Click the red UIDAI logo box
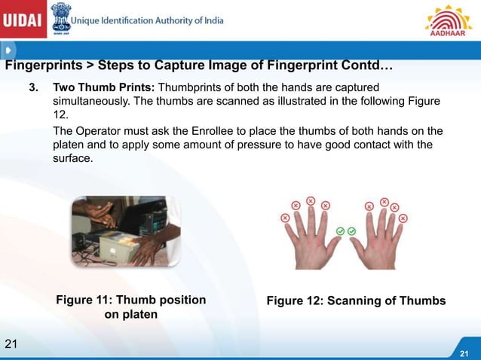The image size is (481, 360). coord(23,20)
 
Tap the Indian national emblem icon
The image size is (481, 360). coord(61,18)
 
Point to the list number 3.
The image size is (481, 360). coord(33,87)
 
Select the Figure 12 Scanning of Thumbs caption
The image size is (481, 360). coord(356,301)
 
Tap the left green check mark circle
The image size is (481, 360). coord(341,230)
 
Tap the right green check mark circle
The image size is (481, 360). coord(352,230)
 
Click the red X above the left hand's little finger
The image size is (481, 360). coord(285,218)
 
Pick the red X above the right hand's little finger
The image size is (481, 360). coord(404,218)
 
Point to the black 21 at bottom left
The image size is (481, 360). coord(11,344)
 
